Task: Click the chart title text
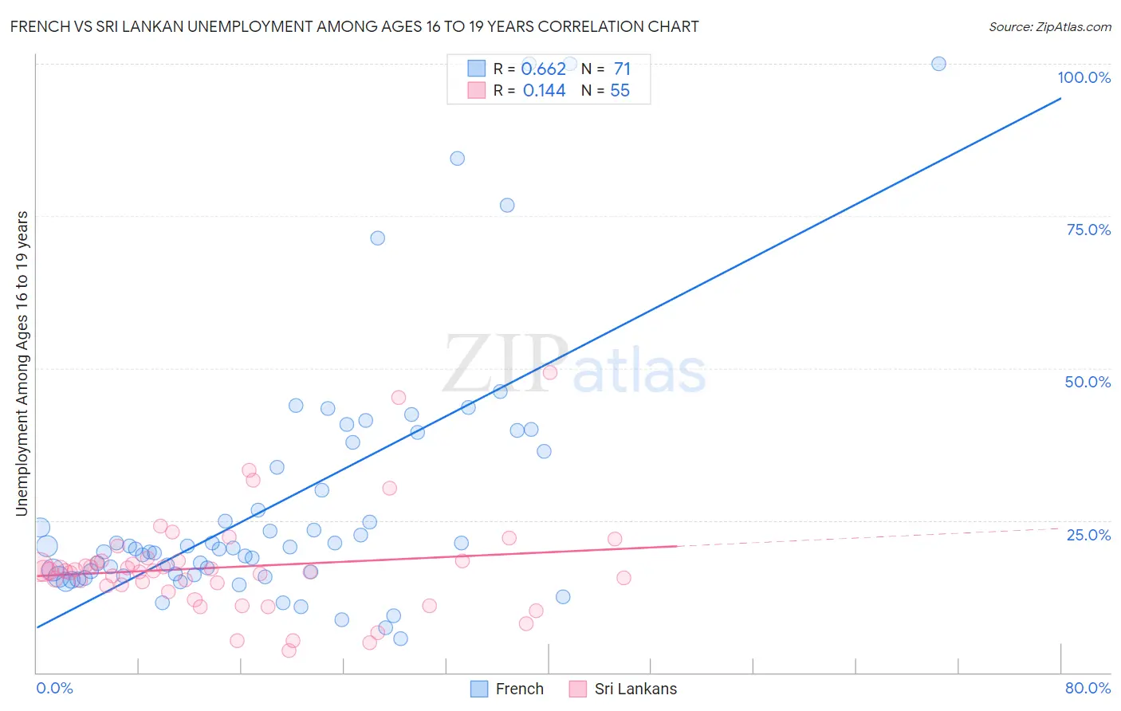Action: [354, 26]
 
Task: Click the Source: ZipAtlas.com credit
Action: [1049, 26]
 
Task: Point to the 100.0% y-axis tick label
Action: [1084, 77]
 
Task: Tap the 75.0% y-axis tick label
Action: [1088, 230]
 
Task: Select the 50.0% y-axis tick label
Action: [1088, 382]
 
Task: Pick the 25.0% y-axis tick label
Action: [1088, 535]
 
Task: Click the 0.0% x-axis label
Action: [54, 688]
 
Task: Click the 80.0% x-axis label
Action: [1088, 688]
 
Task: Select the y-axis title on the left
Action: [22, 363]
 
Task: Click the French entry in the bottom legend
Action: [519, 689]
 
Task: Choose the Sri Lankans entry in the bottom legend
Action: [635, 689]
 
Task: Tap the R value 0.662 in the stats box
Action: [544, 69]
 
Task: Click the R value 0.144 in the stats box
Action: [544, 91]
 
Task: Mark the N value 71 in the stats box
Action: [622, 69]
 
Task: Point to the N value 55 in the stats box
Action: [619, 91]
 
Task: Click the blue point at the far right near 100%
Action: [938, 64]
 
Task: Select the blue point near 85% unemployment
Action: [457, 159]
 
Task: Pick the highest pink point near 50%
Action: [549, 372]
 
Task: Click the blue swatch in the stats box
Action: [476, 69]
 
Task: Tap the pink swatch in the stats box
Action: [476, 90]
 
